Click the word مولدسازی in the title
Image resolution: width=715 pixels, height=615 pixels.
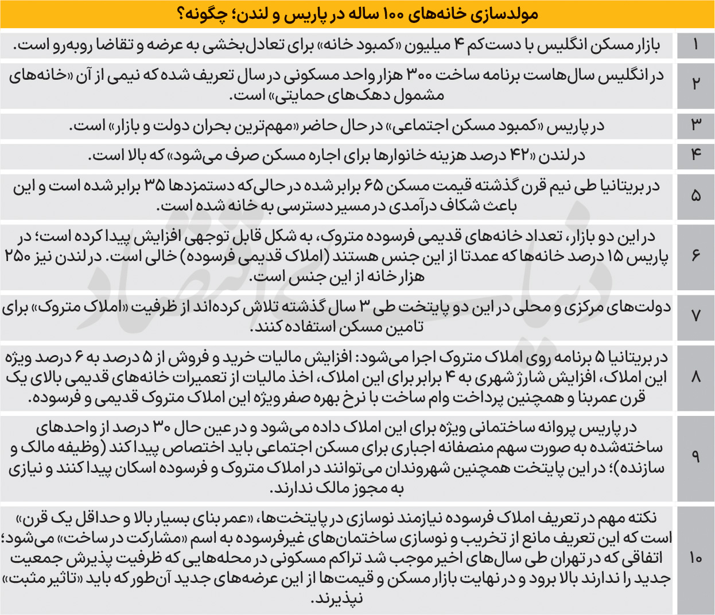pyautogui.click(x=508, y=14)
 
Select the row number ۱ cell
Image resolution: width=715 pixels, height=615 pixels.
pyautogui.click(x=695, y=45)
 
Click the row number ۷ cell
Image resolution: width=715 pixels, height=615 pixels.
pyautogui.click(x=695, y=316)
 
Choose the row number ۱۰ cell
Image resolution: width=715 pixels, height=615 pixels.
pyautogui.click(x=695, y=558)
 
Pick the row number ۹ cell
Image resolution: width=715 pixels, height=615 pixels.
pyautogui.click(x=695, y=457)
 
